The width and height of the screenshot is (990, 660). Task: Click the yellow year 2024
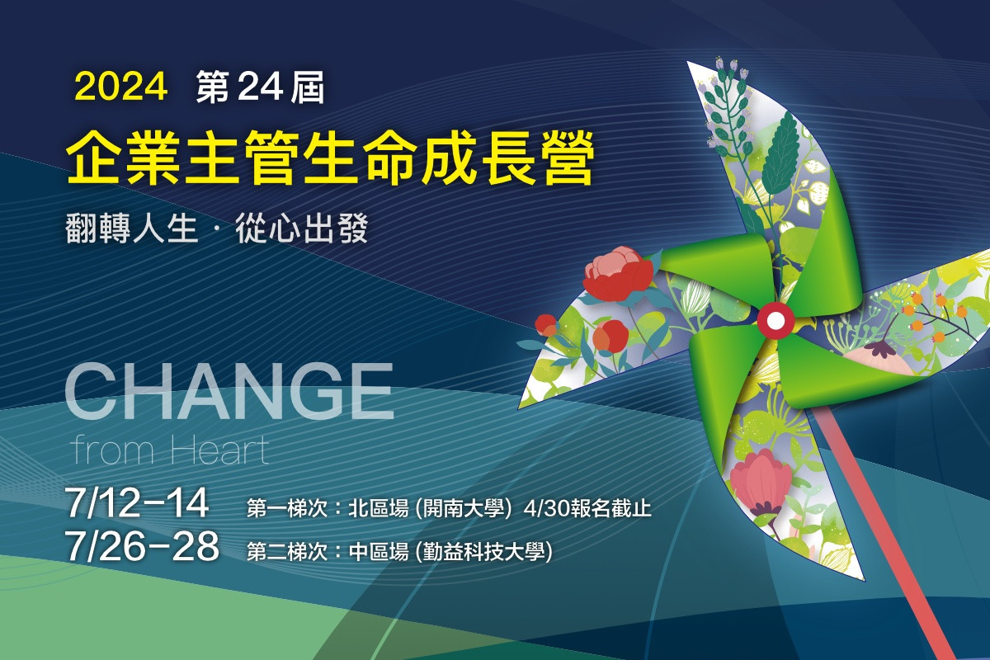point(120,86)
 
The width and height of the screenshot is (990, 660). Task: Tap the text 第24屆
point(261,87)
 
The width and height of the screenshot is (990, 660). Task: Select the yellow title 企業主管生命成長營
point(330,158)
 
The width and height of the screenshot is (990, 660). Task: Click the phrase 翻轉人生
point(131,228)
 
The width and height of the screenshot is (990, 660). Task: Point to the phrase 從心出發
point(302,228)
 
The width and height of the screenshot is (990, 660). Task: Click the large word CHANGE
point(229,391)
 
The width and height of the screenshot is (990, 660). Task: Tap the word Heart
point(220,450)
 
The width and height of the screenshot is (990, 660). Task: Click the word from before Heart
point(114,450)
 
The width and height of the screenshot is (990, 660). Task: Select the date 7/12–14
point(137,502)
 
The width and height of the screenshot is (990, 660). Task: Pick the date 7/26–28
point(142,546)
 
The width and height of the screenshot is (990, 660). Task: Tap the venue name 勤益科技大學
point(484,552)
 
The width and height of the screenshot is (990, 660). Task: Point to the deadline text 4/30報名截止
point(587,509)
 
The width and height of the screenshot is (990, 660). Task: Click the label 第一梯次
point(287,508)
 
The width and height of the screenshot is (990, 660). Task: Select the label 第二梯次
point(287,552)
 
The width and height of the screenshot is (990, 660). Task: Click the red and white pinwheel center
point(775,320)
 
